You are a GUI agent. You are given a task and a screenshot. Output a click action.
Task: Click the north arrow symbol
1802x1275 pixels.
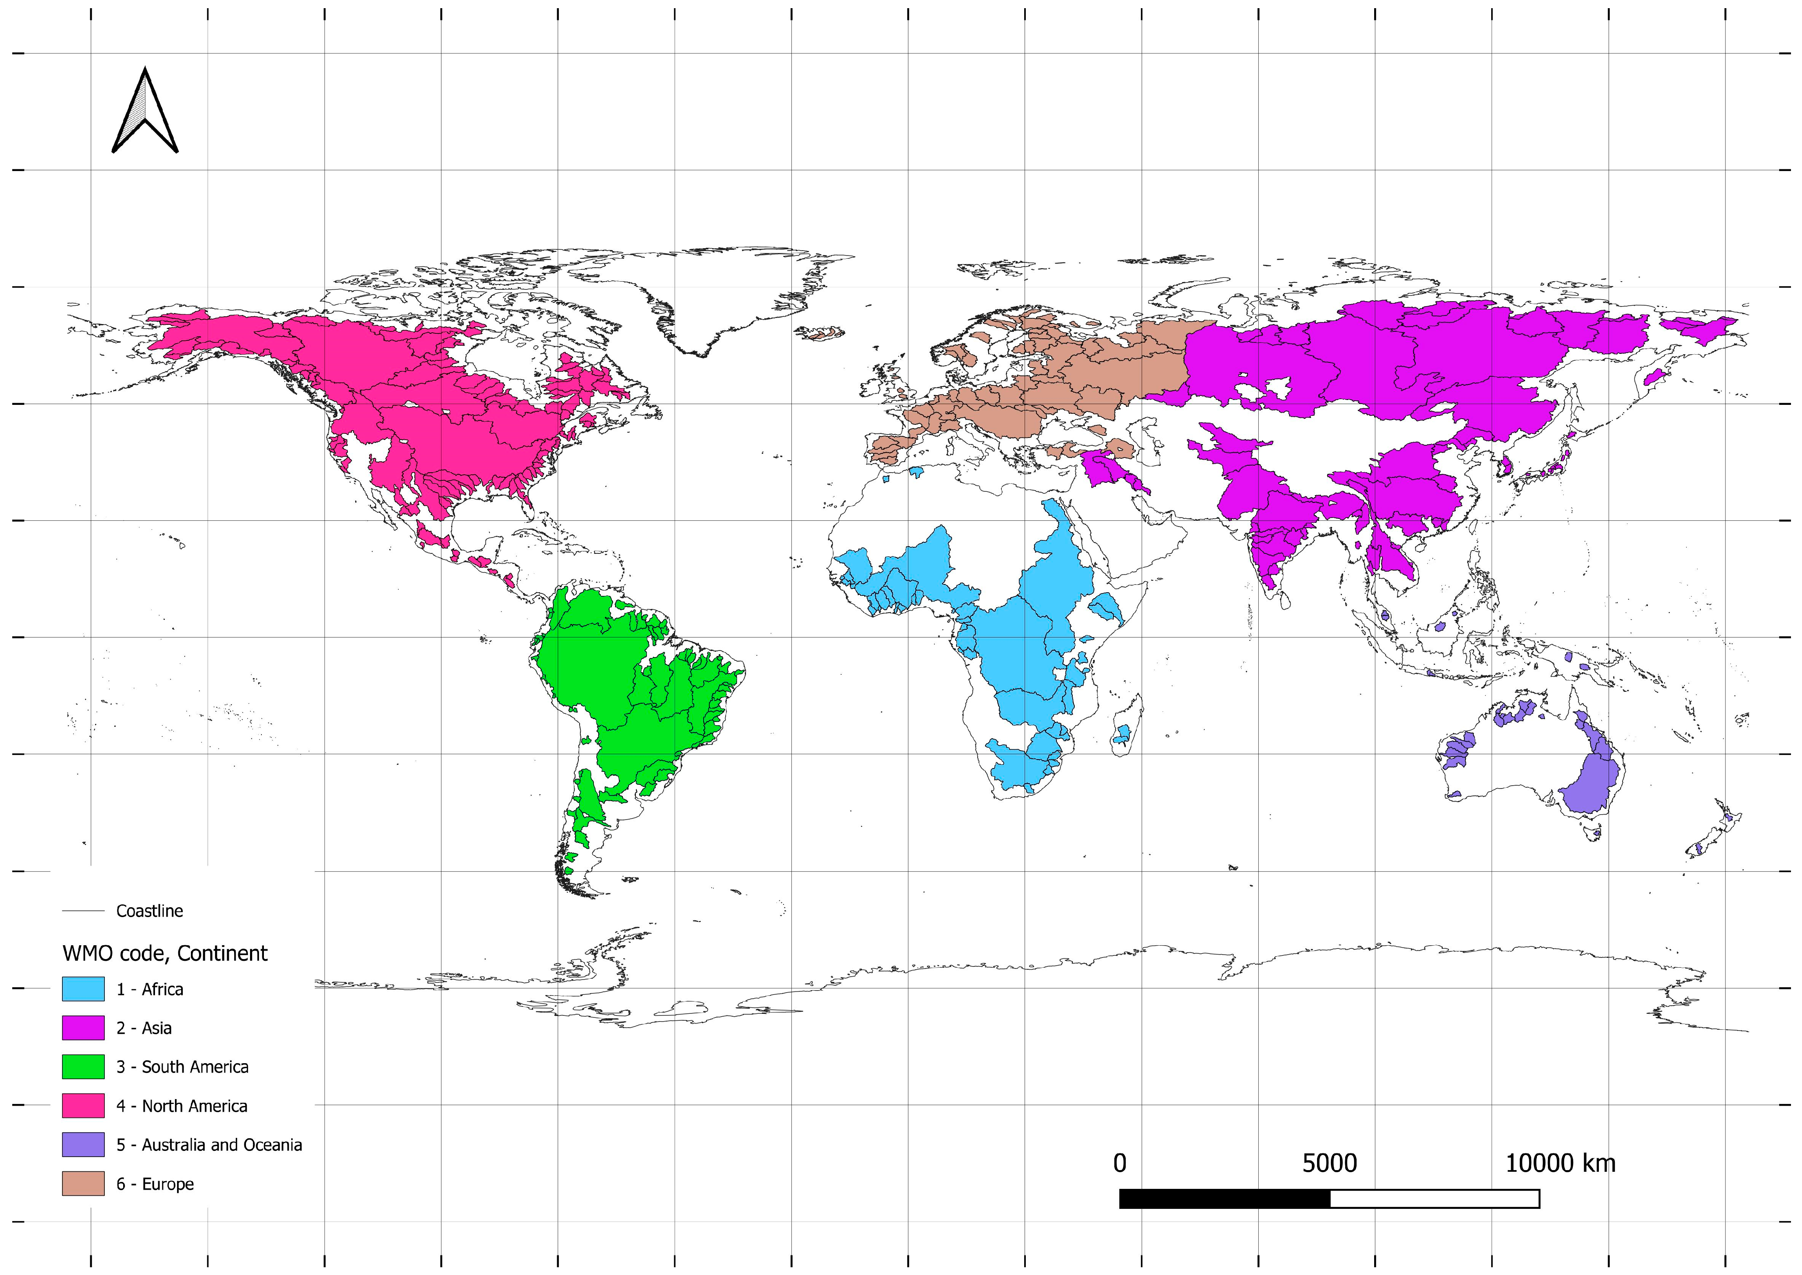(145, 111)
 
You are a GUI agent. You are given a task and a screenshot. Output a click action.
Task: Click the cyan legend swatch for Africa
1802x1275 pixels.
(83, 988)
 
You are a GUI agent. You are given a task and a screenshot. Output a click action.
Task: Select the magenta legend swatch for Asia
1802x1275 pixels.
(83, 1028)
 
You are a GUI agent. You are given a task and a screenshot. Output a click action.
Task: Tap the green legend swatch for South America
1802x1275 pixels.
(83, 1066)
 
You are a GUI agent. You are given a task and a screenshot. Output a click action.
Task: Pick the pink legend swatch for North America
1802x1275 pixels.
(83, 1105)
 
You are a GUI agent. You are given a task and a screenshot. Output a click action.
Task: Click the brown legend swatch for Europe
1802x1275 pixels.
(83, 1183)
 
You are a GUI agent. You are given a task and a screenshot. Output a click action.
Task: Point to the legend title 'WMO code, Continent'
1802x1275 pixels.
(165, 953)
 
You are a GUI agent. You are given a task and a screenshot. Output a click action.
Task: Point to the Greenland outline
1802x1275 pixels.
(706, 298)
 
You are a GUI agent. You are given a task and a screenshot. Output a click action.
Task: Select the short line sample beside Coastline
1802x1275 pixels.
(83, 911)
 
